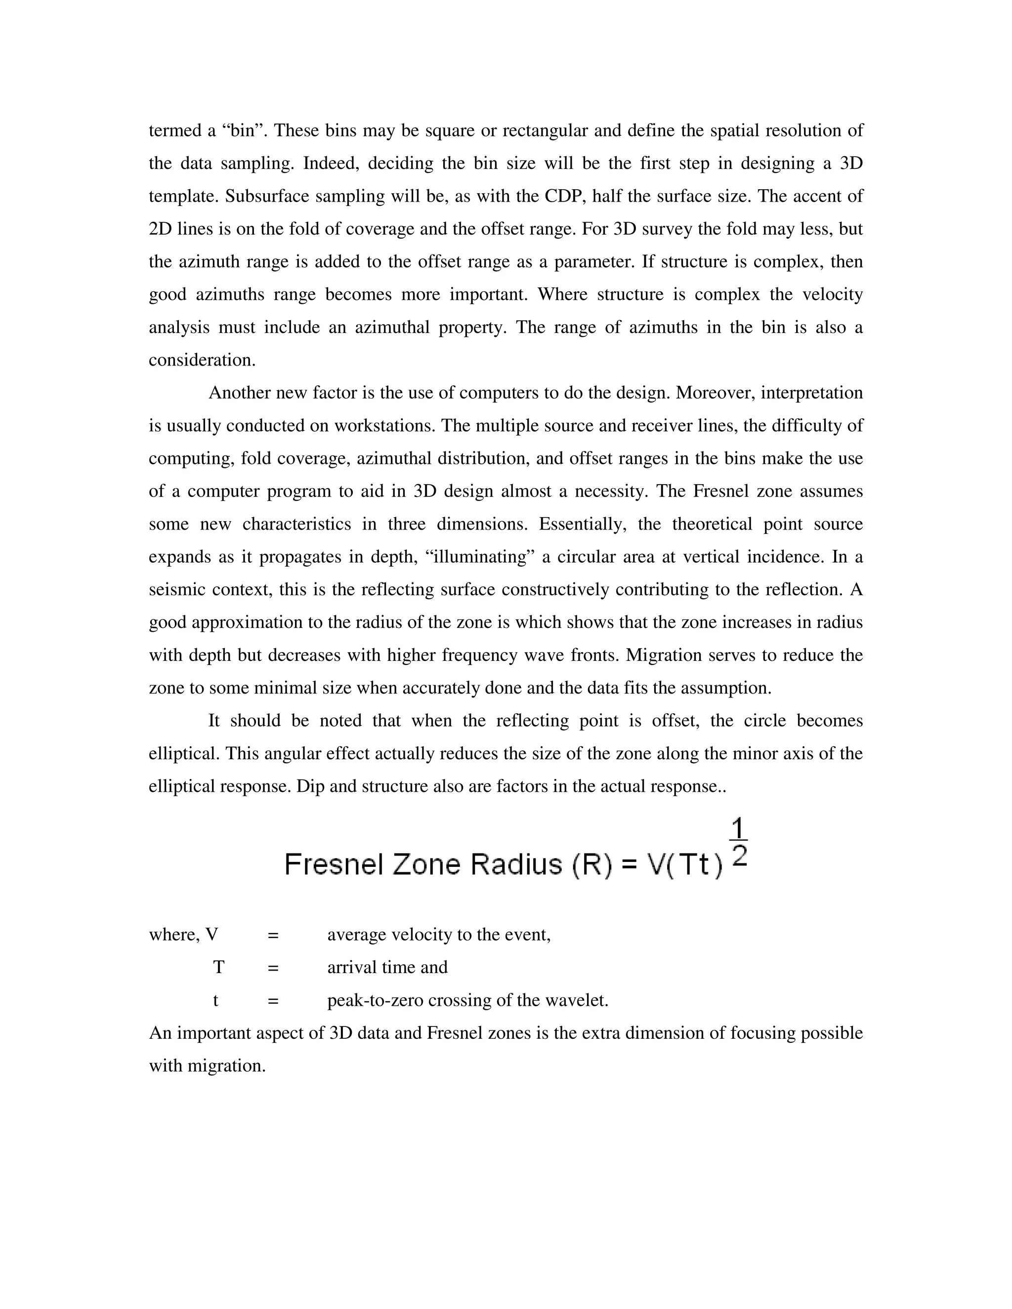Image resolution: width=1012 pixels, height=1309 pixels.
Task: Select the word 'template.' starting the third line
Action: tap(183, 197)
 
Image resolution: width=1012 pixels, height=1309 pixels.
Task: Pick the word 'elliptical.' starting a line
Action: tap(184, 753)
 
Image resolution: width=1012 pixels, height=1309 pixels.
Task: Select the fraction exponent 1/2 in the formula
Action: tap(739, 844)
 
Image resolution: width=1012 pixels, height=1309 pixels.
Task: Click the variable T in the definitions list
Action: tap(219, 967)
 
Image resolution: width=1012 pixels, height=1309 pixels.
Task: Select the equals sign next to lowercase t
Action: tap(273, 1000)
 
